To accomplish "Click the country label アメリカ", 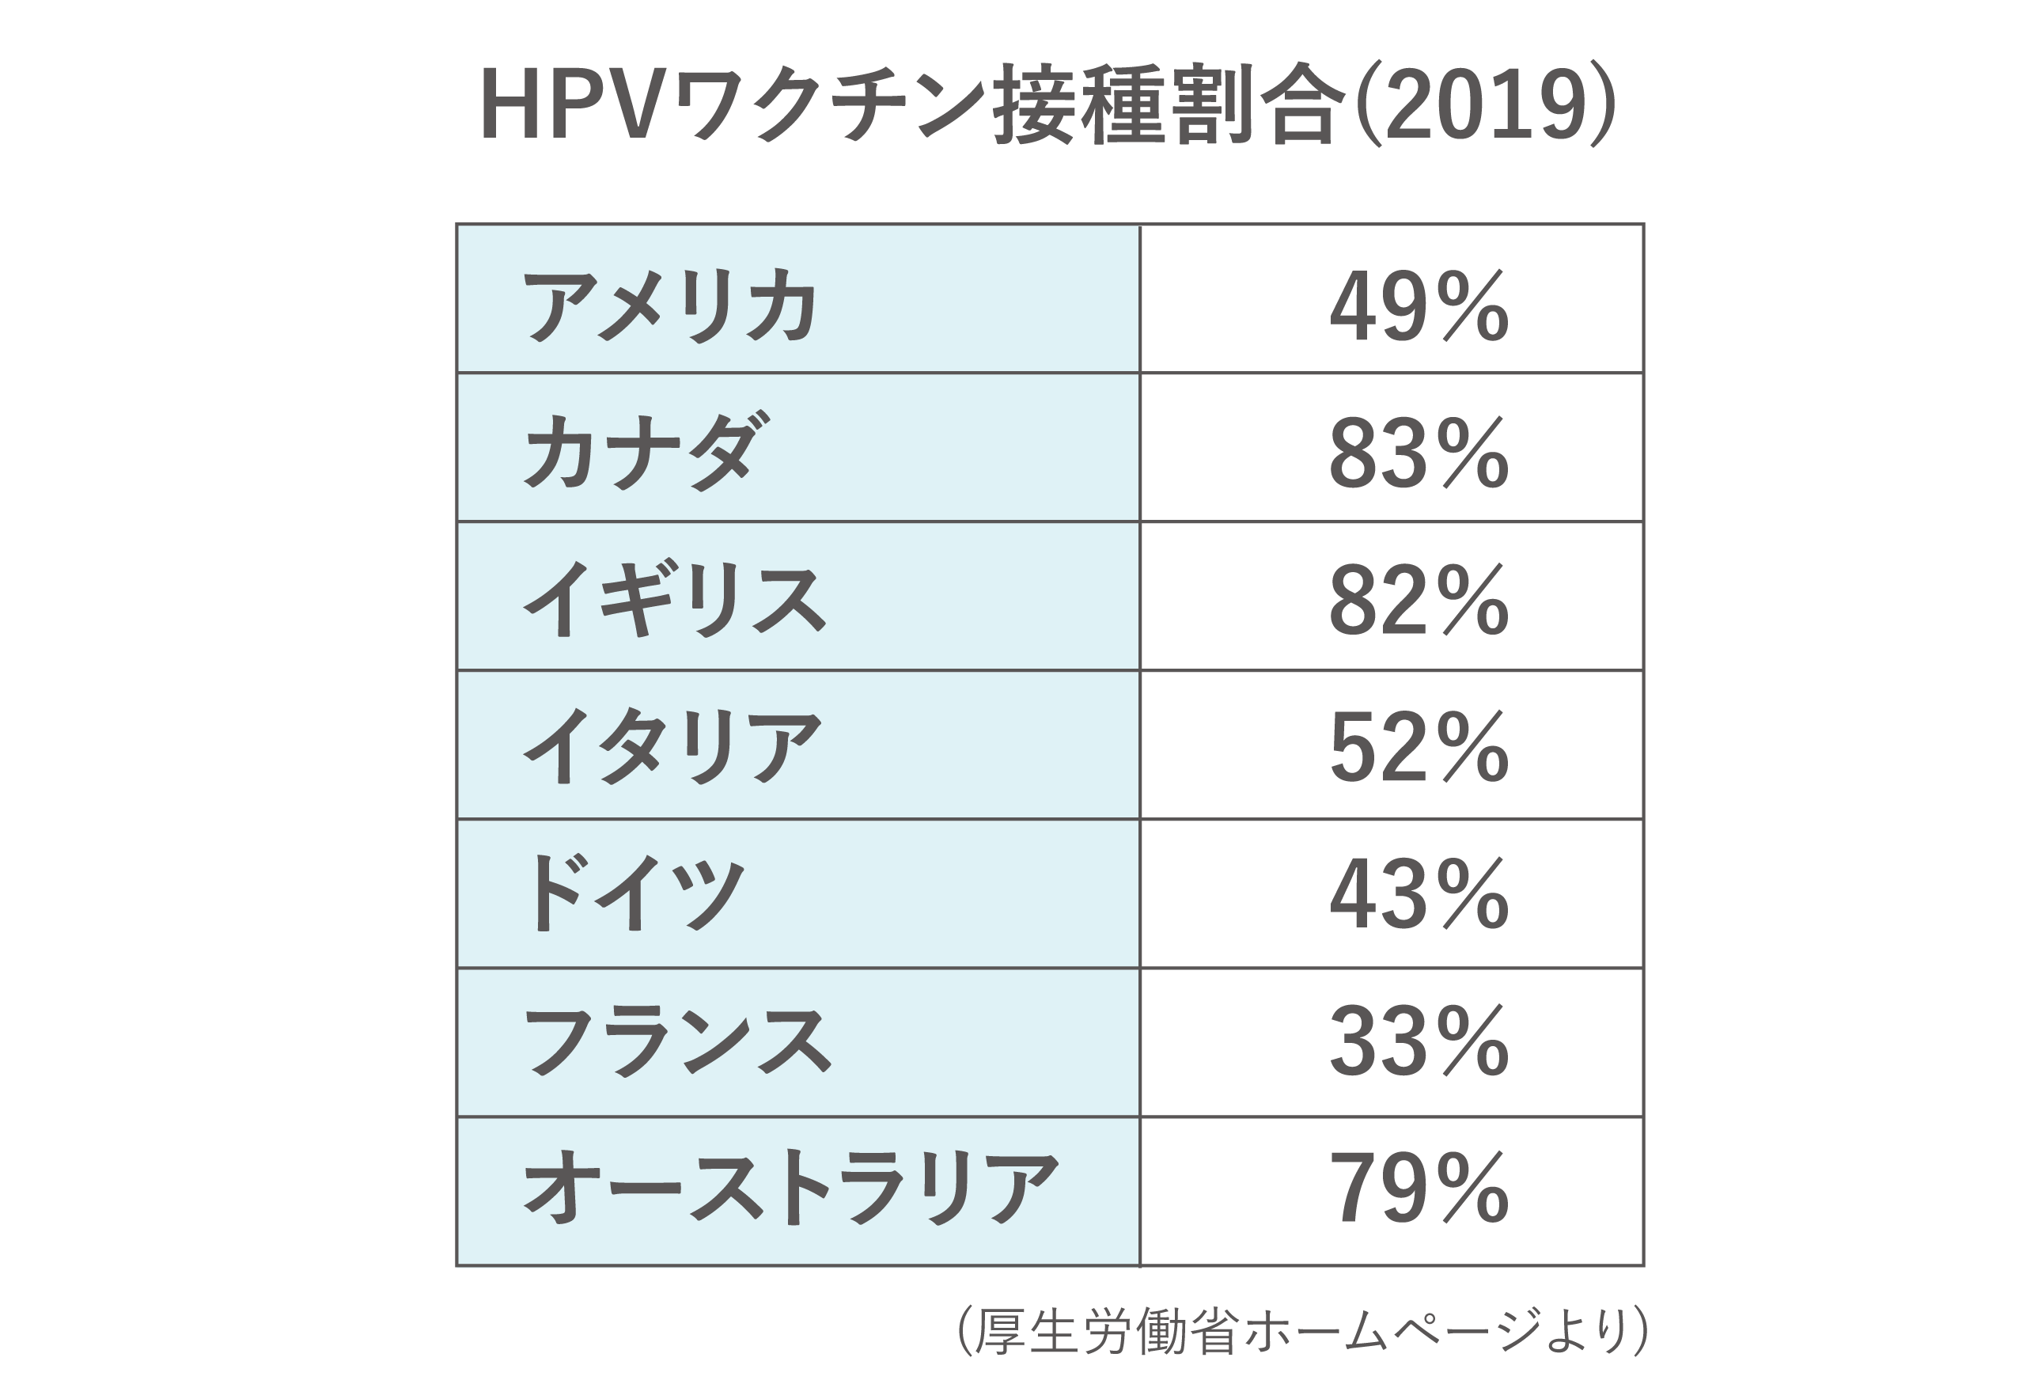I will click(x=671, y=306).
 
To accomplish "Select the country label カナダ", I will click(x=647, y=452).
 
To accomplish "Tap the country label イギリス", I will click(x=674, y=600).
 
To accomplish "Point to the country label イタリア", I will click(x=672, y=746).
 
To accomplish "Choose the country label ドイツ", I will click(x=633, y=893).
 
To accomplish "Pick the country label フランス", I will click(x=676, y=1041).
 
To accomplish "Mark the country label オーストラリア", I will click(x=790, y=1189).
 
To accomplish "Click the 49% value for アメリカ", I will click(x=1419, y=306).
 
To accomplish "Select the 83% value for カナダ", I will click(x=1419, y=453).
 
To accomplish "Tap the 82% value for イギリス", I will click(x=1419, y=600).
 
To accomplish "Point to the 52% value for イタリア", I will click(x=1419, y=747).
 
